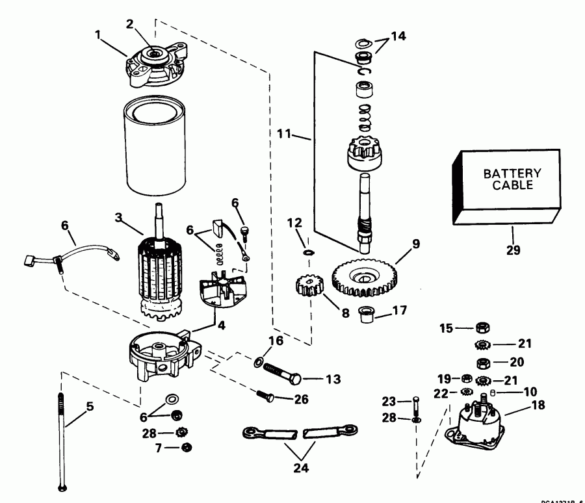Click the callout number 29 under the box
point(512,248)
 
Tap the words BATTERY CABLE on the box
point(512,179)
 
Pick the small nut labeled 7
point(186,447)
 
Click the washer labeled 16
point(259,360)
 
